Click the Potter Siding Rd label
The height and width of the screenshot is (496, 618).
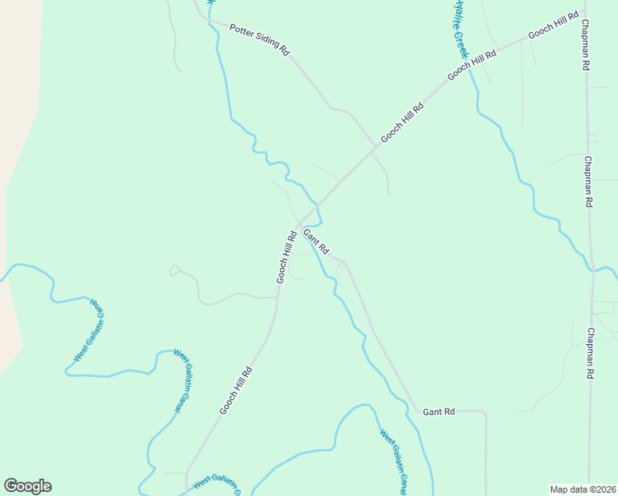click(259, 39)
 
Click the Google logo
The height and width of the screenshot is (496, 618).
click(27, 486)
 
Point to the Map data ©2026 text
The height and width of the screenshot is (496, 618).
click(582, 489)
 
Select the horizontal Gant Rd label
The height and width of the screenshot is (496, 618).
click(439, 411)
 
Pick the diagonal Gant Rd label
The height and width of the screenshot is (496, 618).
click(316, 241)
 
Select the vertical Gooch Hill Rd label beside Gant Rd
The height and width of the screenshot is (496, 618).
click(286, 255)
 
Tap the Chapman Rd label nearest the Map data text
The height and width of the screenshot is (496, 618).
click(591, 354)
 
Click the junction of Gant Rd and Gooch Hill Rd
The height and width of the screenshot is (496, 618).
click(299, 226)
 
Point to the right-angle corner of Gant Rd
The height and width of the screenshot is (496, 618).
click(484, 411)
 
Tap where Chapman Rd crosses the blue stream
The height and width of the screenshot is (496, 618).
click(592, 269)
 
